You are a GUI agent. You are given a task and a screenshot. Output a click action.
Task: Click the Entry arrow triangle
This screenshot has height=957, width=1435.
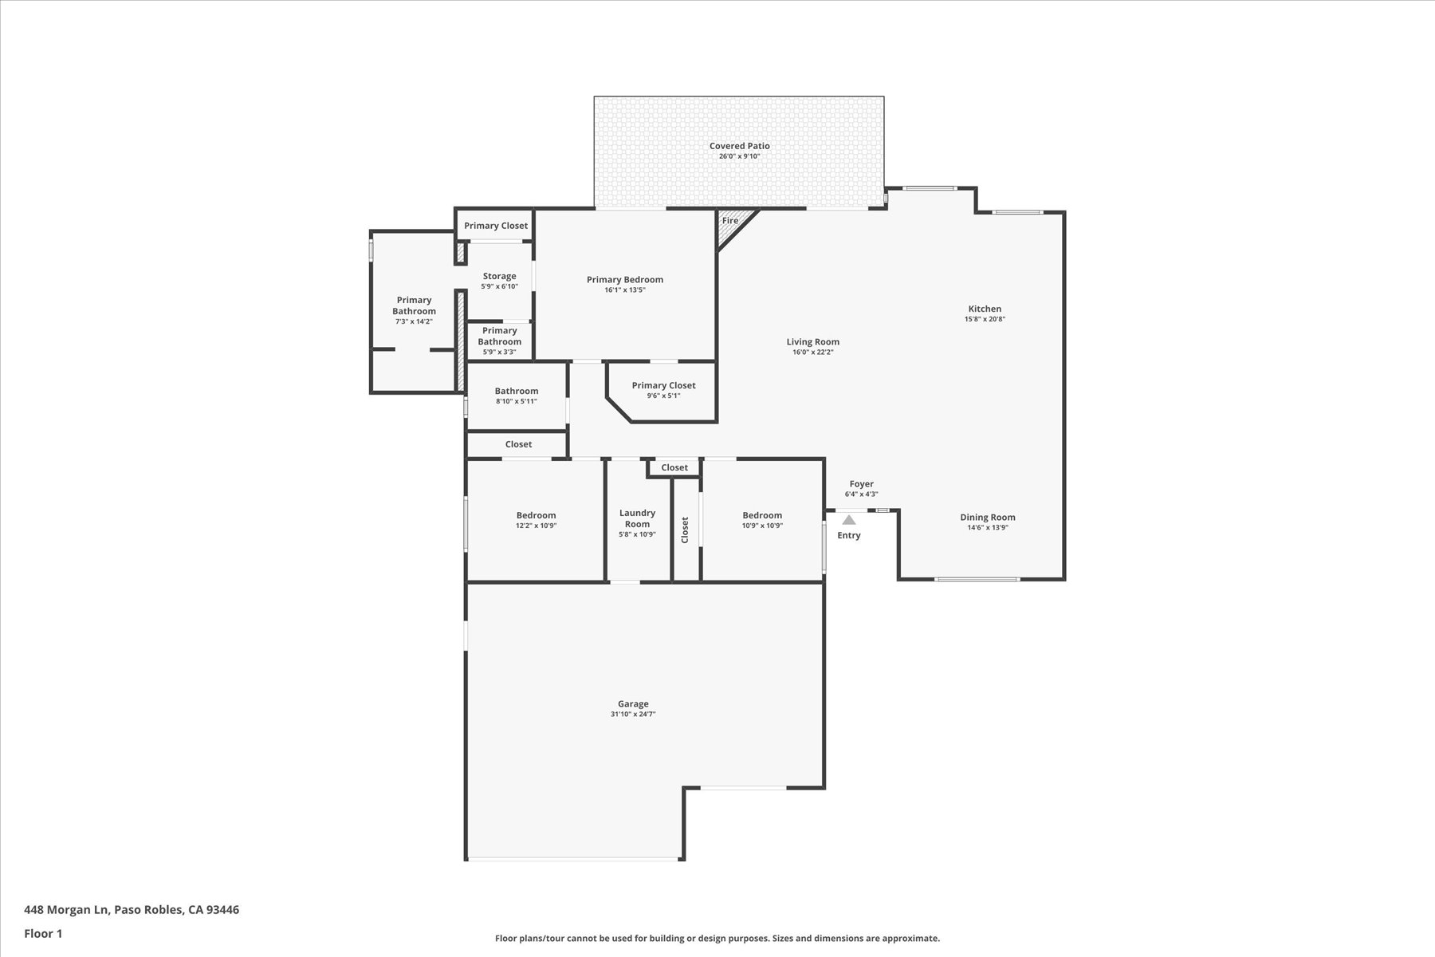click(849, 520)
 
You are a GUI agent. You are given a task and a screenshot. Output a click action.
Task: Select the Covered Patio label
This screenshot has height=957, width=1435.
click(739, 146)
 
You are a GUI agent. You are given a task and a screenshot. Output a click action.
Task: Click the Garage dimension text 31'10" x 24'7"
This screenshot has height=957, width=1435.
click(633, 715)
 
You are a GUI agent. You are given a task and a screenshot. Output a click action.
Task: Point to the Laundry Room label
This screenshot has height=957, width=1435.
click(637, 518)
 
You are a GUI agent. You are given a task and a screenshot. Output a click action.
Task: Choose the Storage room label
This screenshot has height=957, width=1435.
click(499, 276)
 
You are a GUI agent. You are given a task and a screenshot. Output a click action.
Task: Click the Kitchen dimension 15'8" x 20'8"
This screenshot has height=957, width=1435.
click(985, 319)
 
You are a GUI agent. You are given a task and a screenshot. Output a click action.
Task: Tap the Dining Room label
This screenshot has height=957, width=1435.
click(987, 517)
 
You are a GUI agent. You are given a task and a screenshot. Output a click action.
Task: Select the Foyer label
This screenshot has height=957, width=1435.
click(861, 484)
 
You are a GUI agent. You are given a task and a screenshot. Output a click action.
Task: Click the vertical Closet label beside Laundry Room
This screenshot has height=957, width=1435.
click(685, 530)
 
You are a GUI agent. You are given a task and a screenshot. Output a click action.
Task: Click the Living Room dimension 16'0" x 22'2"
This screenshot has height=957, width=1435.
click(812, 352)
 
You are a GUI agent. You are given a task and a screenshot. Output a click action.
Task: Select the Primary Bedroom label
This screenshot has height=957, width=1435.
click(625, 279)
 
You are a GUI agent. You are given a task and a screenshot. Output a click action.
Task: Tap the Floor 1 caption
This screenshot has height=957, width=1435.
click(43, 934)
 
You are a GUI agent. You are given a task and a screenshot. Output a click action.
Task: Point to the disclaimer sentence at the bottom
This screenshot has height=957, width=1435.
click(717, 939)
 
